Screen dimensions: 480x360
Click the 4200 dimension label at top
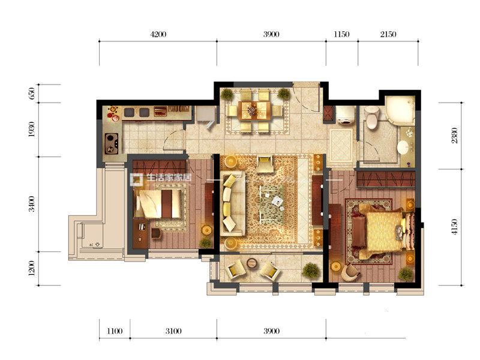(x=158, y=34)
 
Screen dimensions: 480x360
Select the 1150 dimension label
(x=341, y=34)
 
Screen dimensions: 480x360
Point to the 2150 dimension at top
(x=388, y=34)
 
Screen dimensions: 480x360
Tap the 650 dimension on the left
(x=32, y=94)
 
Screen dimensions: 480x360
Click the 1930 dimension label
(x=32, y=129)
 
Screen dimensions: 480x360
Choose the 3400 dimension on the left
(x=32, y=204)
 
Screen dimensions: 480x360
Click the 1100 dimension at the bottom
(x=115, y=331)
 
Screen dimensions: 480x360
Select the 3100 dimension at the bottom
(x=173, y=331)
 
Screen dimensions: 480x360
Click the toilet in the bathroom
(x=371, y=118)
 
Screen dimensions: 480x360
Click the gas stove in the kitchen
(x=112, y=143)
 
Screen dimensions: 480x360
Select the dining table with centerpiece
(x=254, y=110)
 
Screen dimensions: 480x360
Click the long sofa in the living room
(x=232, y=203)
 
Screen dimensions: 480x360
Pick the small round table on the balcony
(x=252, y=263)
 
